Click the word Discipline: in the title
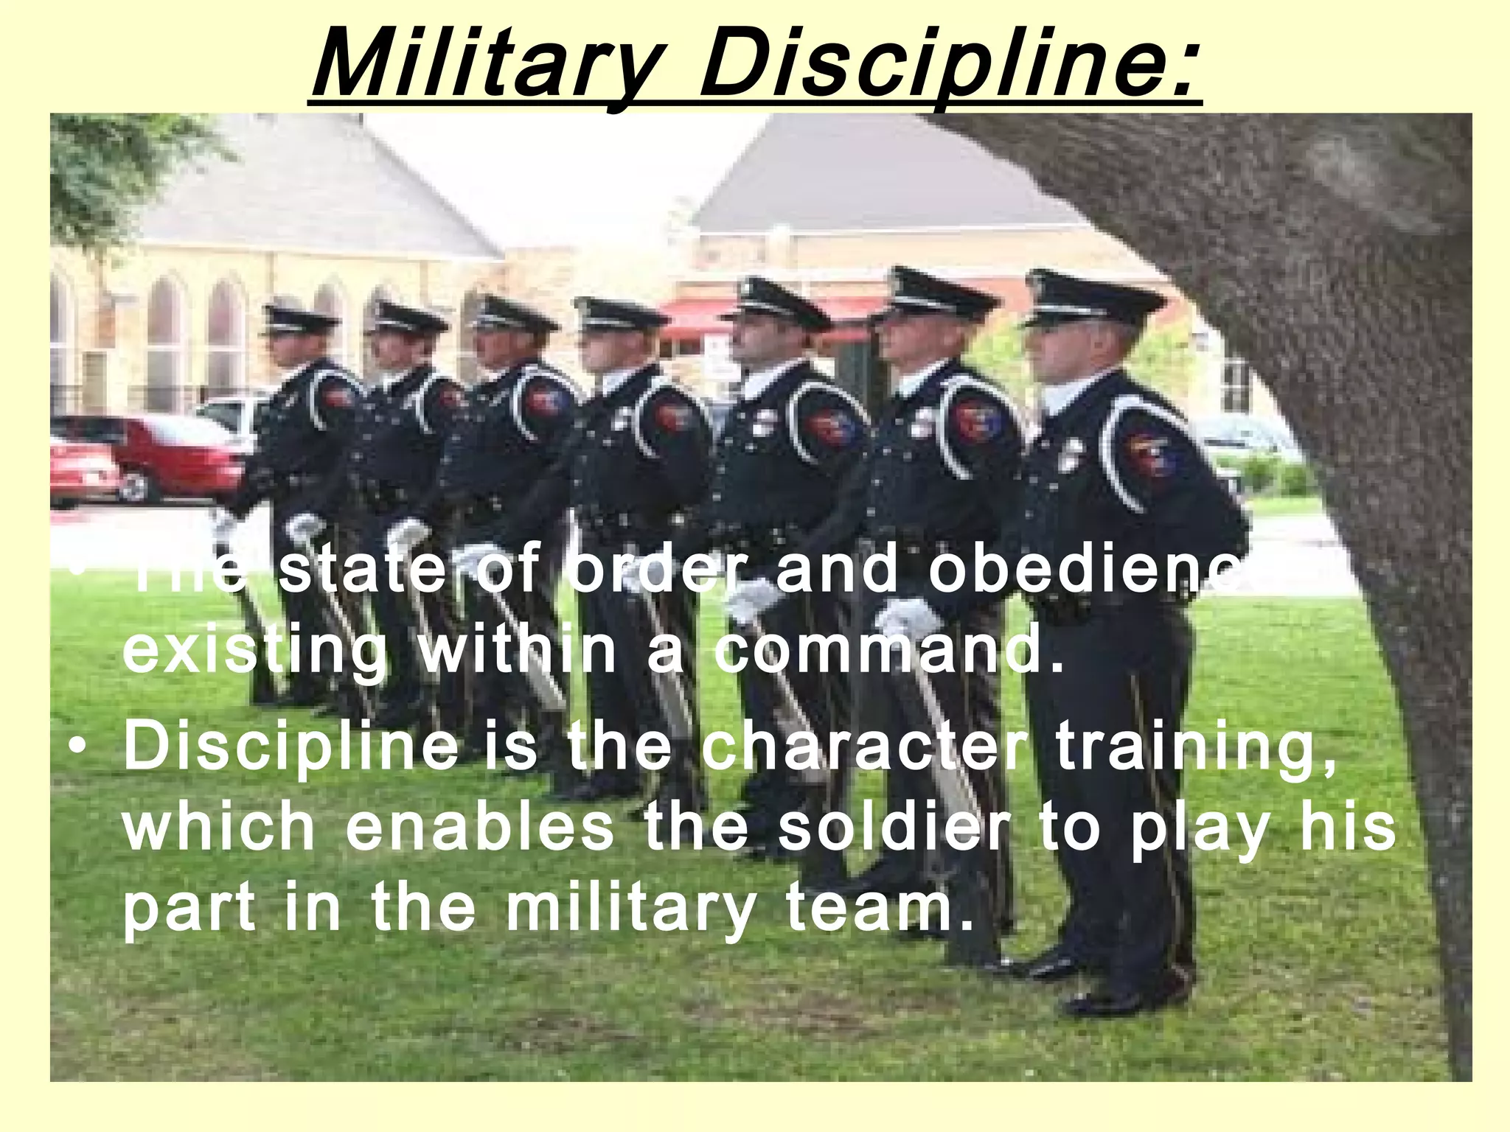pyautogui.click(x=947, y=62)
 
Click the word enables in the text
pyautogui.click(x=479, y=826)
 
